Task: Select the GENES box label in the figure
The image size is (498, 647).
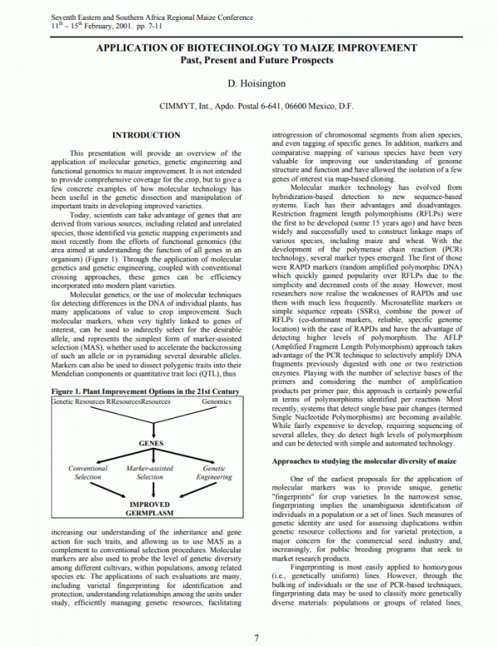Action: tap(149, 444)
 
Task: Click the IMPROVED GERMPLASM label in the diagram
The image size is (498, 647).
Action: tap(149, 508)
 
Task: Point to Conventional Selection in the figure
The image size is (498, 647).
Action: tap(87, 473)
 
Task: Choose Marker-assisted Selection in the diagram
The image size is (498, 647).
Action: tap(149, 473)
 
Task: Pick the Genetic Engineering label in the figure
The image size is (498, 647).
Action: tap(213, 473)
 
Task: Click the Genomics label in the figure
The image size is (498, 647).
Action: tap(217, 401)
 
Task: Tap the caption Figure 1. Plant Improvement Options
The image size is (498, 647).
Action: tap(145, 390)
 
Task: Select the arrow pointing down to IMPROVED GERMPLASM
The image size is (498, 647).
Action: tap(149, 491)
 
